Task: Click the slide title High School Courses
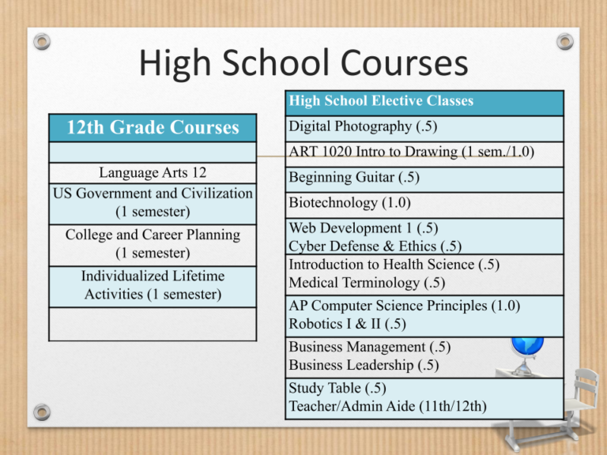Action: tap(303, 63)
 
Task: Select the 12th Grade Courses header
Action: tap(153, 127)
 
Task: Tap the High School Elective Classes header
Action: tap(381, 101)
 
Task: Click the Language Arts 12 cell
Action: tap(153, 173)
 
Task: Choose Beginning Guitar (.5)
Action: tap(343, 179)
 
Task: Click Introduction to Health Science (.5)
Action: tap(394, 265)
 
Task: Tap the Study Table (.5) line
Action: tap(336, 389)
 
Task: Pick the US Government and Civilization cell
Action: tap(153, 203)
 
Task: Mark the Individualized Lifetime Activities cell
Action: tap(153, 285)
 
